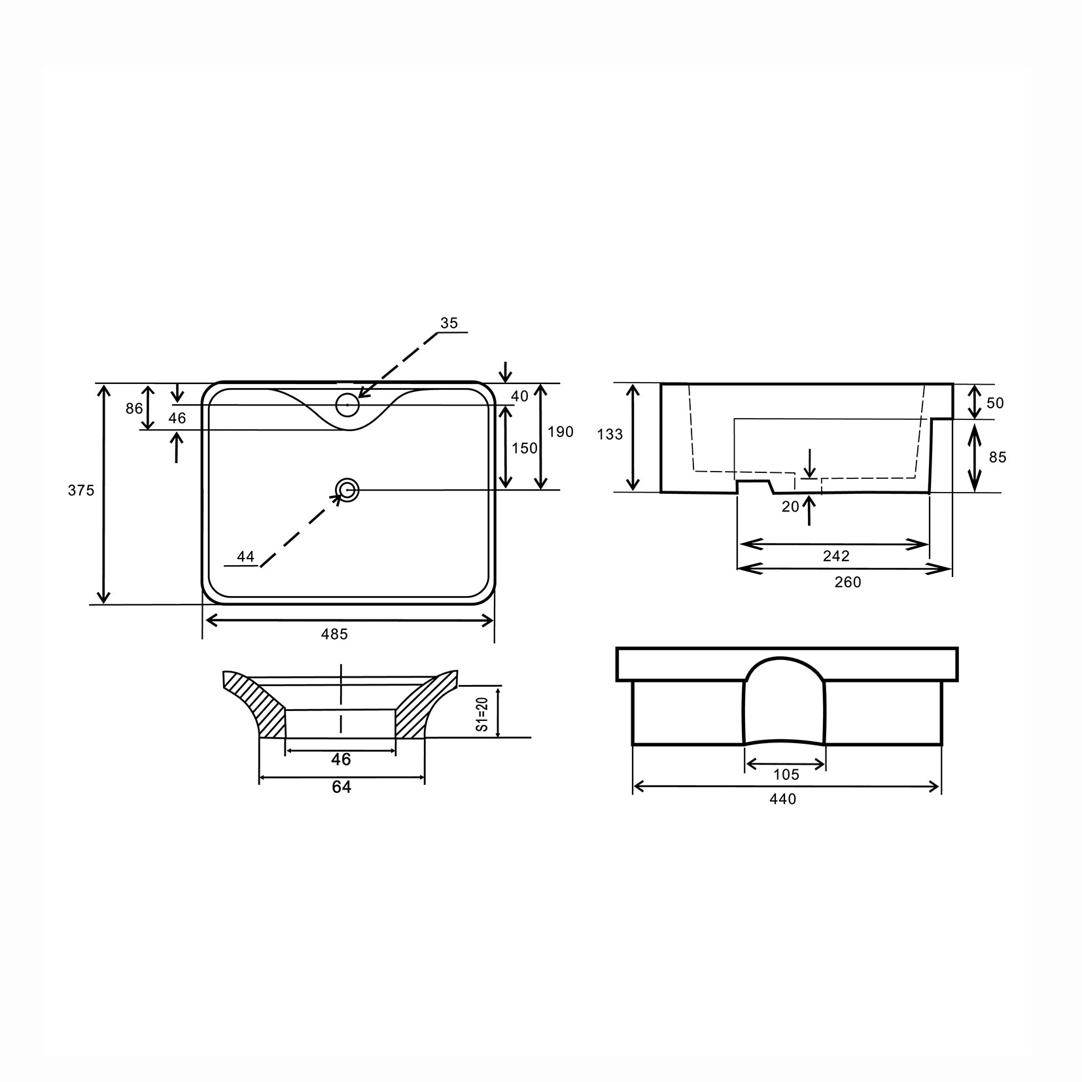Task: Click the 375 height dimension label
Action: (x=81, y=490)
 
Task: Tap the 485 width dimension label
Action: (x=334, y=634)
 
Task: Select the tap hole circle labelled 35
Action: (x=347, y=406)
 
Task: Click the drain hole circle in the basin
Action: (x=347, y=490)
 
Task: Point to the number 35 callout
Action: (x=449, y=323)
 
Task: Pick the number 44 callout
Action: (x=245, y=557)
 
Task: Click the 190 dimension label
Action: (x=561, y=432)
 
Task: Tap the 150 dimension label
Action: (x=525, y=448)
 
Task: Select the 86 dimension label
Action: (x=134, y=408)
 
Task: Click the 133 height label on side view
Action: (x=610, y=434)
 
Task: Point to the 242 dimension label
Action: (x=836, y=556)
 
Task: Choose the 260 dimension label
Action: (x=848, y=582)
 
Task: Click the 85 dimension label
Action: (x=997, y=457)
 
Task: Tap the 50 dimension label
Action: (x=994, y=403)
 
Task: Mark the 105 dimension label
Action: (x=786, y=775)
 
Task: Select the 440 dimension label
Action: (x=783, y=799)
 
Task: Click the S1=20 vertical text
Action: (x=482, y=714)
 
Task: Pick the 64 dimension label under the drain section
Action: (x=341, y=787)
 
